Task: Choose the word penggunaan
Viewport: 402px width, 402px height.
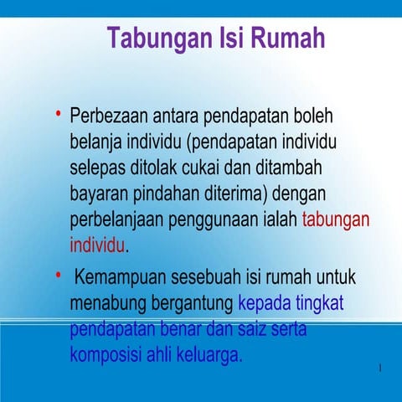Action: pyautogui.click(x=213, y=220)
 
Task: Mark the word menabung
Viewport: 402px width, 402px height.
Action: pyautogui.click(x=107, y=303)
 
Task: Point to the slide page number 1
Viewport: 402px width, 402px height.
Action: pyautogui.click(x=380, y=369)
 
